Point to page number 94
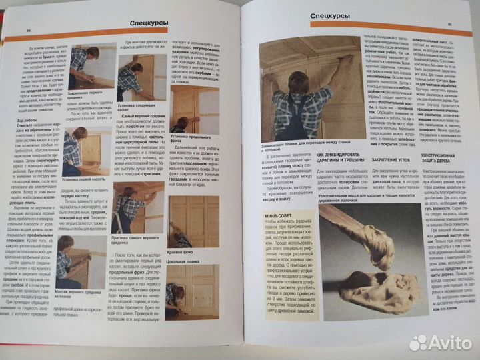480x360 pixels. tap(28, 31)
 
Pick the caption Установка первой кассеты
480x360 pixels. tap(87, 179)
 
